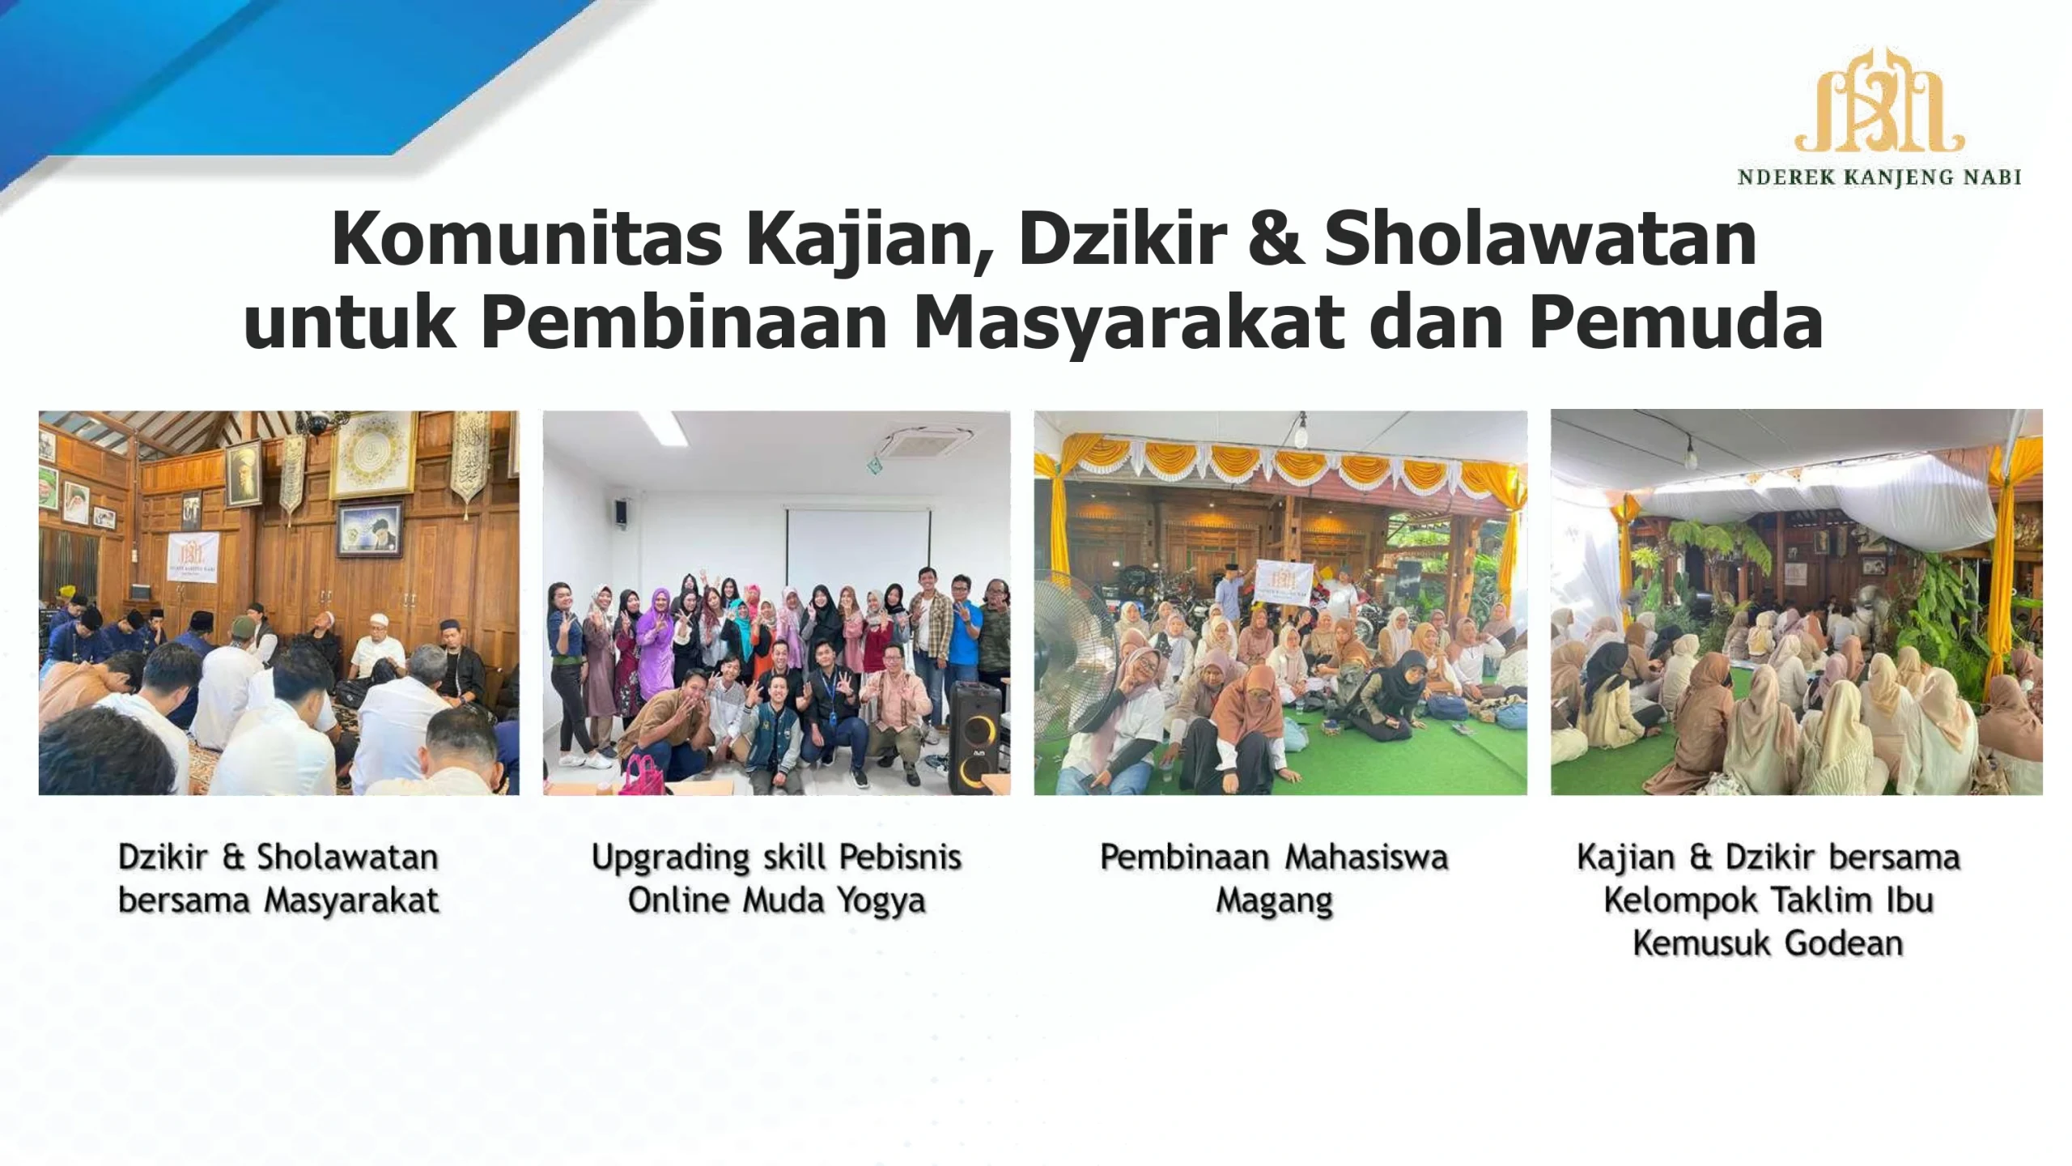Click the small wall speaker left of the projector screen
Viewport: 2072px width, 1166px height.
click(620, 512)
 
